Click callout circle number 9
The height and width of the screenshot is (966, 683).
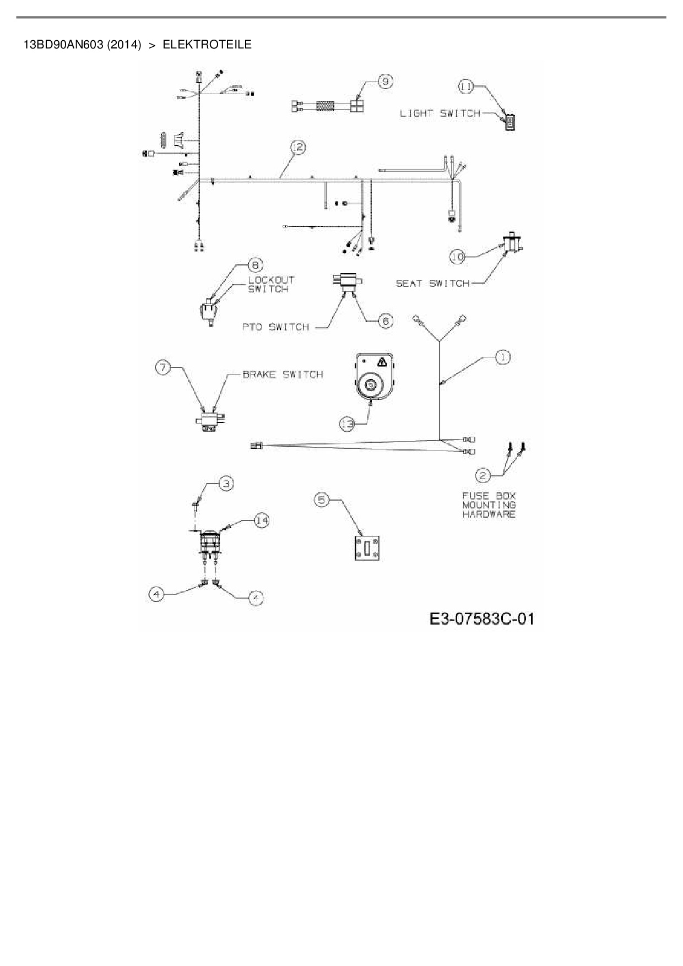385,82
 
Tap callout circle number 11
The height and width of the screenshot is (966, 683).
466,86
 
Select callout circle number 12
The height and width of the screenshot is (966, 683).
297,147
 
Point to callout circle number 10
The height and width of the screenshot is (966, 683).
458,256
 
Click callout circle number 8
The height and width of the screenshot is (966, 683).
254,265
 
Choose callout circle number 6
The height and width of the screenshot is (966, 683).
386,321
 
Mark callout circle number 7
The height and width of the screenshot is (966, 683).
163,367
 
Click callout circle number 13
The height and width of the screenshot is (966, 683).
347,424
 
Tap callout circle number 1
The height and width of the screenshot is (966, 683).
502,357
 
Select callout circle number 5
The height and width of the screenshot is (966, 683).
322,500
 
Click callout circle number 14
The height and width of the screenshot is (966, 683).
261,520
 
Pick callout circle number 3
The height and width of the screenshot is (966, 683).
226,484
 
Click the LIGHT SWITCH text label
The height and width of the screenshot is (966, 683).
440,113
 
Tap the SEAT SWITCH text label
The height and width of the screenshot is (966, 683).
433,284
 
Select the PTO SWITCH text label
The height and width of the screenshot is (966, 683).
276,327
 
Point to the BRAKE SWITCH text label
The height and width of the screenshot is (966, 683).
283,375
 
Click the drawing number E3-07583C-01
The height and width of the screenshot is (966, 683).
481,619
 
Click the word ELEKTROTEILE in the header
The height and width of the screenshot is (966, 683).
207,45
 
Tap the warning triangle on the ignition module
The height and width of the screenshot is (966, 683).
381,362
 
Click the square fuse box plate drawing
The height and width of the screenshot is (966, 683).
366,548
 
